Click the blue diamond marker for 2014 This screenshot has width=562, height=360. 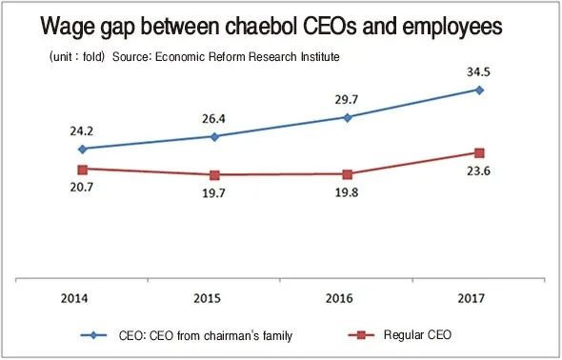pos(83,149)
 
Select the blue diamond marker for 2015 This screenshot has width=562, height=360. pos(214,136)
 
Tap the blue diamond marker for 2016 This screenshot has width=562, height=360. pos(348,117)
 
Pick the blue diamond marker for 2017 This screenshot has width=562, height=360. pos(480,90)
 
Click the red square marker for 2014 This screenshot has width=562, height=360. pos(83,169)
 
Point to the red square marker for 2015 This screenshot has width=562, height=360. pos(214,175)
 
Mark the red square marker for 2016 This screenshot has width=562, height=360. pos(348,174)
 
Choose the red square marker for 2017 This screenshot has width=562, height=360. pos(480,152)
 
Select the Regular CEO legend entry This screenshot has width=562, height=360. pos(419,334)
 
